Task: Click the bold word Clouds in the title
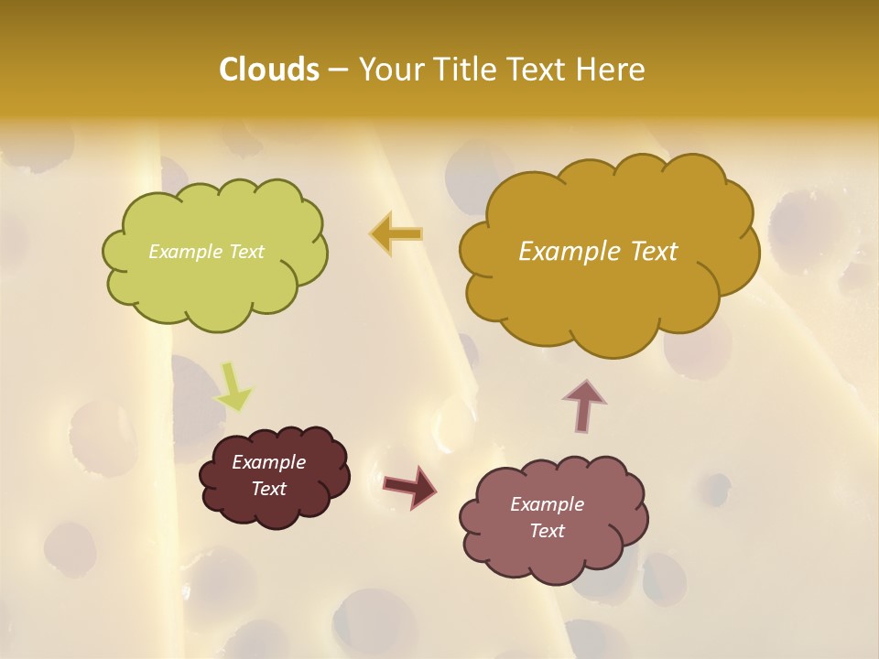[269, 70]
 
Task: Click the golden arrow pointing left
[397, 233]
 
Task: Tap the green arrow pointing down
[233, 386]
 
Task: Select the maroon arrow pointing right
[409, 486]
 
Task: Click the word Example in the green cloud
[184, 252]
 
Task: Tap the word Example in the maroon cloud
[268, 462]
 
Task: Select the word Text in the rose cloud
[547, 531]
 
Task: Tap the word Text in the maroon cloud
[268, 489]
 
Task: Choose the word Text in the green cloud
[244, 252]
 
